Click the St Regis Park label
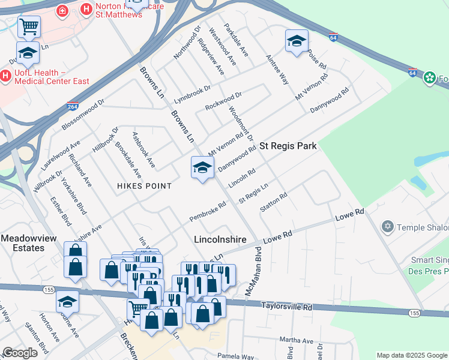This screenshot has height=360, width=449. [288, 146]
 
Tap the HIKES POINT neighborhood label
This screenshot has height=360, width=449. [144, 186]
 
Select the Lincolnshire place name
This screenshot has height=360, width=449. [220, 239]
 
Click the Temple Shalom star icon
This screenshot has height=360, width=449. [388, 226]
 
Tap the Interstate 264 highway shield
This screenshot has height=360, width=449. [72, 107]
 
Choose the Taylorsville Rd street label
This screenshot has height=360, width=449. [287, 307]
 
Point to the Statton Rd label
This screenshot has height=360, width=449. [274, 202]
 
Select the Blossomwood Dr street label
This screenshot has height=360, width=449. [83, 115]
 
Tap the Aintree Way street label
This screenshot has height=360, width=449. [277, 71]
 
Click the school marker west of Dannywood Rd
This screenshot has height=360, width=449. [202, 167]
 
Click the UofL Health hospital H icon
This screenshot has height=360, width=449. [6, 76]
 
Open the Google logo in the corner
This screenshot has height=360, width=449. [20, 353]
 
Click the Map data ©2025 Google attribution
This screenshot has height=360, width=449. [411, 355]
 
